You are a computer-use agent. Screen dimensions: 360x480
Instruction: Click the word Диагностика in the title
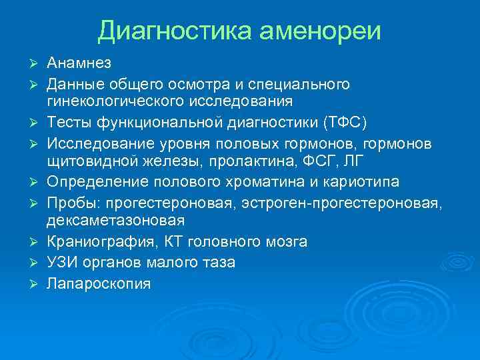[173, 30]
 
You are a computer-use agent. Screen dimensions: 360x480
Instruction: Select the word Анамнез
[79, 63]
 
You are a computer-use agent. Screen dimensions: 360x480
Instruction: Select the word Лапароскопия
[99, 283]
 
